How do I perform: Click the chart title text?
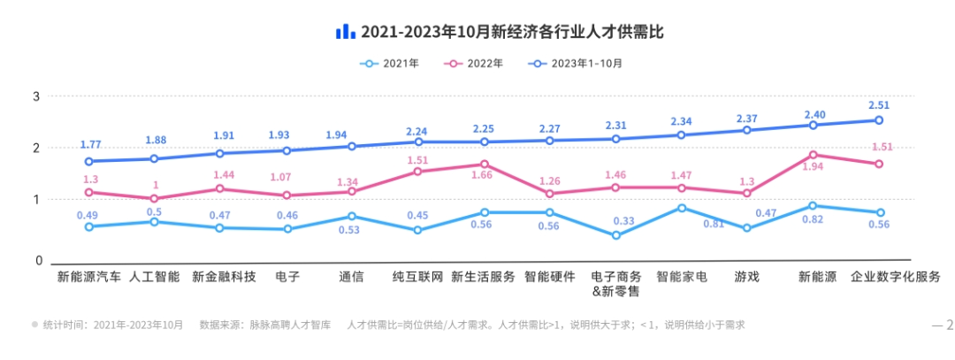(512, 32)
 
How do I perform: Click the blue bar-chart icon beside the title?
(345, 32)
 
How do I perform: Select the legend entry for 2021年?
(391, 64)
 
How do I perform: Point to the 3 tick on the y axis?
(37, 96)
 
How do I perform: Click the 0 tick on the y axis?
(38, 261)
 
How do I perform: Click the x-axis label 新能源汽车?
(89, 277)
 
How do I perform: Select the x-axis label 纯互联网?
(417, 277)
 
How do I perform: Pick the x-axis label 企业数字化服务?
(895, 277)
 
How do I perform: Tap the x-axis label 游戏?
(747, 277)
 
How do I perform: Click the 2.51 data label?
(879, 105)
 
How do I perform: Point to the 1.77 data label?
(90, 145)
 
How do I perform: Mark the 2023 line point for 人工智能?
(154, 159)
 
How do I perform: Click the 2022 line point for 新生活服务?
(484, 164)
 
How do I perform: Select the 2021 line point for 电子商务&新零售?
(615, 235)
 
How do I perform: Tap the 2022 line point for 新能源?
(813, 155)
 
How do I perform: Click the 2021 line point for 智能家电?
(681, 208)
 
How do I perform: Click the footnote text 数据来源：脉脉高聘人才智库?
(265, 325)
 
